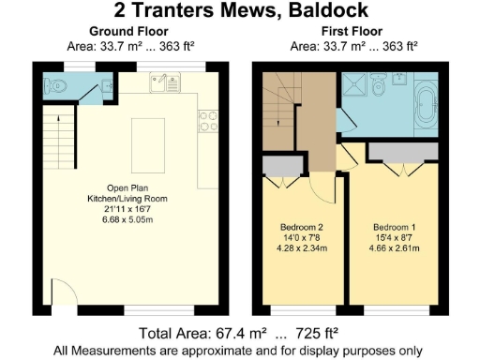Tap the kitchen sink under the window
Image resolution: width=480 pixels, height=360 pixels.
coord(167,84)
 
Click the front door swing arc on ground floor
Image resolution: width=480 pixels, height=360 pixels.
coord(58,294)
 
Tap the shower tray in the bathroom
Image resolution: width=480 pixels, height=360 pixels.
coord(356,88)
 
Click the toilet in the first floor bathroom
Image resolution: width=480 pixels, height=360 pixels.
coord(381,88)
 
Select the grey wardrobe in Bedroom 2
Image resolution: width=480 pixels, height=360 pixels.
coord(279,166)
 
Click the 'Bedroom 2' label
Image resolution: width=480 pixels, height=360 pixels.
coord(301,228)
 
